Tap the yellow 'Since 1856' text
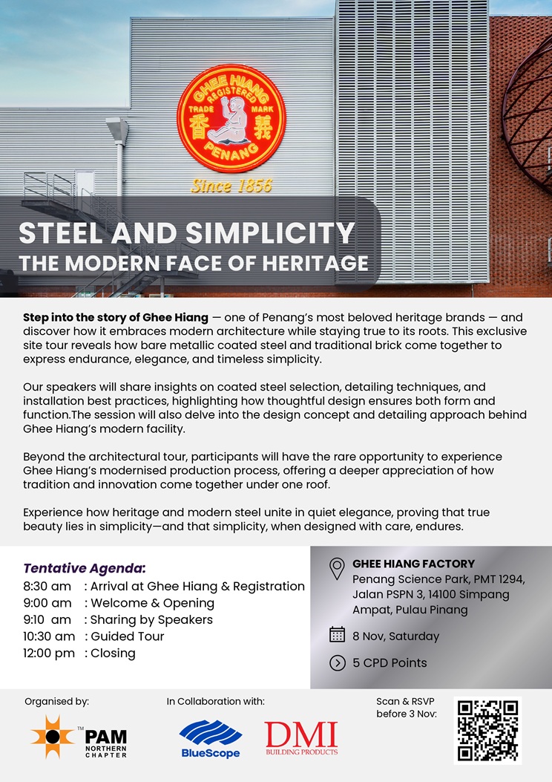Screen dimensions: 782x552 coord(231,186)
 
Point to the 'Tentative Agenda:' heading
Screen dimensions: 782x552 coord(85,568)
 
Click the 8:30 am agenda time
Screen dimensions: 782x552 coord(47,586)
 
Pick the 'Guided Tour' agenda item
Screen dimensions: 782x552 coord(127,636)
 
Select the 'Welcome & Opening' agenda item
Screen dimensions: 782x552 coord(152,603)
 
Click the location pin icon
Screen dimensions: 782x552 coord(337,569)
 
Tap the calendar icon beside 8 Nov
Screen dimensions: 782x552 coord(337,635)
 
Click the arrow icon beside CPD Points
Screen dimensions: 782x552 coord(337,662)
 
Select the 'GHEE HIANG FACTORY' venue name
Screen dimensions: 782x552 coord(413,564)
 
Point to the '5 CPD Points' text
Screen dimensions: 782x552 coord(390,662)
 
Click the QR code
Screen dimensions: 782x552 coord(487,730)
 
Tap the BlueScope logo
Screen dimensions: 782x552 coord(210,738)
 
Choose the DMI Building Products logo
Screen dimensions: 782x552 coord(301,737)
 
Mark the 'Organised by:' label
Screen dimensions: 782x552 coord(56,701)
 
